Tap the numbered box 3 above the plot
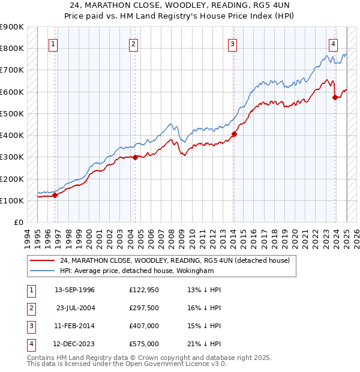[232, 43]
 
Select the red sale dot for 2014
[234, 134]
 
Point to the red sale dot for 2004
[135, 157]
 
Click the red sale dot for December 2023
[335, 97]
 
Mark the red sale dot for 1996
[55, 195]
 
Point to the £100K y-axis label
[12, 200]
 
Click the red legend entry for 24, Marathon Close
[175, 260]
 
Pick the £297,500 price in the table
[144, 308]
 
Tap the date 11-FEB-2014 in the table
[74, 326]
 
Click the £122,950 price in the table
[144, 290]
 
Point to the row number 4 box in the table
[29, 344]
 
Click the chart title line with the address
[180, 6]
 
